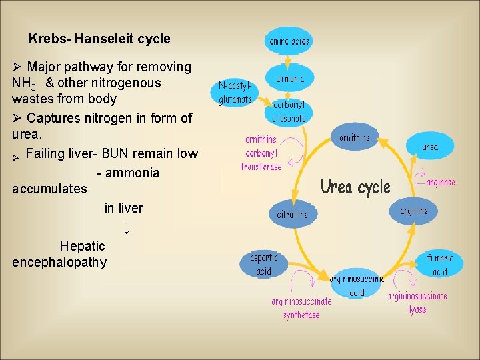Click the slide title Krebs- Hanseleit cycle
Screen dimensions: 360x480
99,39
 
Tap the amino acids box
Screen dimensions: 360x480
289,41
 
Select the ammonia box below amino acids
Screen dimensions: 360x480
289,79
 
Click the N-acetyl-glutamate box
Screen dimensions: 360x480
235,93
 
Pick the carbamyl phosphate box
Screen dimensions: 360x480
289,112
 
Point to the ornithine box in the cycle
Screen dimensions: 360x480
355,139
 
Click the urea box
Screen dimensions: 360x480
431,147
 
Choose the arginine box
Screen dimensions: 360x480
414,211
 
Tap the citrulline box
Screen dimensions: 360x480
293,215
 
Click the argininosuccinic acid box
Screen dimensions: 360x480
357,286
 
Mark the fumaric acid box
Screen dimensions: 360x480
440,265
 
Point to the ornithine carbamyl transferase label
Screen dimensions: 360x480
261,153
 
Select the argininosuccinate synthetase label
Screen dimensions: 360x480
301,308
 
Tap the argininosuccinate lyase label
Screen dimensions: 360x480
417,303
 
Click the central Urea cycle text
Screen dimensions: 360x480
355,186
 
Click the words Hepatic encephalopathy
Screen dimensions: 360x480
59,254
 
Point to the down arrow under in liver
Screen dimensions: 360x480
126,228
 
